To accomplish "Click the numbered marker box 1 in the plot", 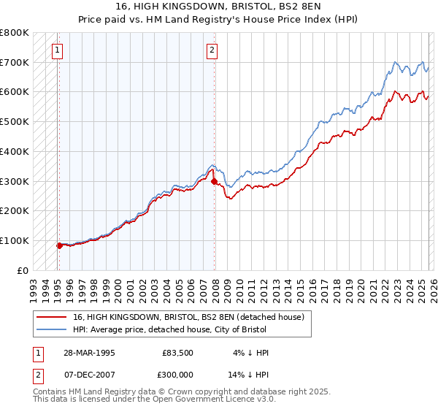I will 58,50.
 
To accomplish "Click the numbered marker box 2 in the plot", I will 212,50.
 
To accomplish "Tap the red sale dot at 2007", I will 214,181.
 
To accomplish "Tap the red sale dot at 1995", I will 59,245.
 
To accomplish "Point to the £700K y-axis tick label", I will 15,62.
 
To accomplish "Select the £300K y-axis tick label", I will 15,181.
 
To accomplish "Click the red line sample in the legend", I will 52,317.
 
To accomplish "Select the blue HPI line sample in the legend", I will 52,329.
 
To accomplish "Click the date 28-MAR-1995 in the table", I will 89,353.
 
